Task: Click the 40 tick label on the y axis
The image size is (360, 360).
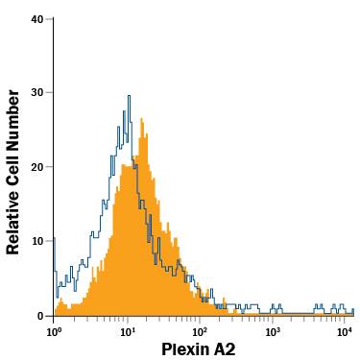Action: point(36,19)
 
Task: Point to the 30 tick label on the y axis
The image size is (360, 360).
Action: point(36,93)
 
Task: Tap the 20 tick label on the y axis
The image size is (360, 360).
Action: point(36,167)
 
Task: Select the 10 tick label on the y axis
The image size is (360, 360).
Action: point(36,241)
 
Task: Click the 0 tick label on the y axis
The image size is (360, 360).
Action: point(40,315)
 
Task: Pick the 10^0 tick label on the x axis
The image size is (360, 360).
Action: point(55,331)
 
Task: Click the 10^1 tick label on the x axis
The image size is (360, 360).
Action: point(127,331)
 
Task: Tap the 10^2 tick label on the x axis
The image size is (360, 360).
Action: point(200,331)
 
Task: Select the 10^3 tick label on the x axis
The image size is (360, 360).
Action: point(273,331)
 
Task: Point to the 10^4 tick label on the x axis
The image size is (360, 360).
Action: point(345,331)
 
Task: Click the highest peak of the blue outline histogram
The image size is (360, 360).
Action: point(129,95)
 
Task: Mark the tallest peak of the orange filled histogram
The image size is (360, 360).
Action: point(142,120)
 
